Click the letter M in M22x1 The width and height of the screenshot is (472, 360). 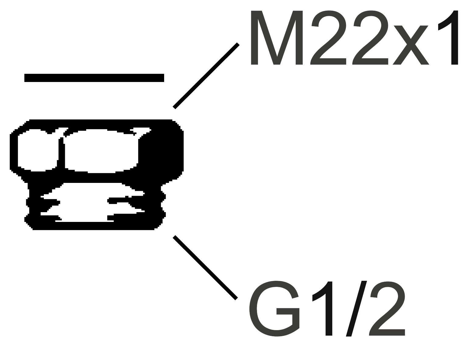tap(277, 38)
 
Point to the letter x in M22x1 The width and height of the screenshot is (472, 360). tap(411, 45)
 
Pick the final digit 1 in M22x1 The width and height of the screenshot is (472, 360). tap(450, 38)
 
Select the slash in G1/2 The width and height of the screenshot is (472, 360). tap(356, 308)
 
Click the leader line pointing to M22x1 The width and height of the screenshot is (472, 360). tap(206, 76)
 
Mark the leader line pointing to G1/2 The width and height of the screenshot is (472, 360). tap(205, 268)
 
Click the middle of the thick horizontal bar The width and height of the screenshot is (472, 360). tap(94, 78)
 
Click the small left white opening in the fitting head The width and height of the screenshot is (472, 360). tap(37, 150)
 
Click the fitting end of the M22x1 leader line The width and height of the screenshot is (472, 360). tap(174, 107)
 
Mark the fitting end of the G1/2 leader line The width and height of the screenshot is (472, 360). tap(174, 237)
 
